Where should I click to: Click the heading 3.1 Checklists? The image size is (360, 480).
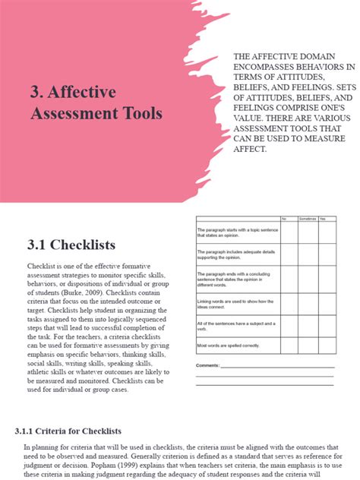[x=71, y=245]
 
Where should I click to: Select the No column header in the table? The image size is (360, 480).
[x=285, y=219]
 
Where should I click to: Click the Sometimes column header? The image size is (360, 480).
[x=307, y=219]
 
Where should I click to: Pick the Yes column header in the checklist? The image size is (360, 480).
[x=322, y=219]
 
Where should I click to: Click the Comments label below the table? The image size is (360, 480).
[x=207, y=365]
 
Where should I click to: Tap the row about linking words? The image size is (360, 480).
[x=235, y=304]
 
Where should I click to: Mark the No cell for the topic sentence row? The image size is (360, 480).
[x=289, y=232]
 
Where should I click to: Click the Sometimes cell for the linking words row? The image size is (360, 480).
[x=307, y=304]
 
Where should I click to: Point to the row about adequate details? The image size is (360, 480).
[x=235, y=254]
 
